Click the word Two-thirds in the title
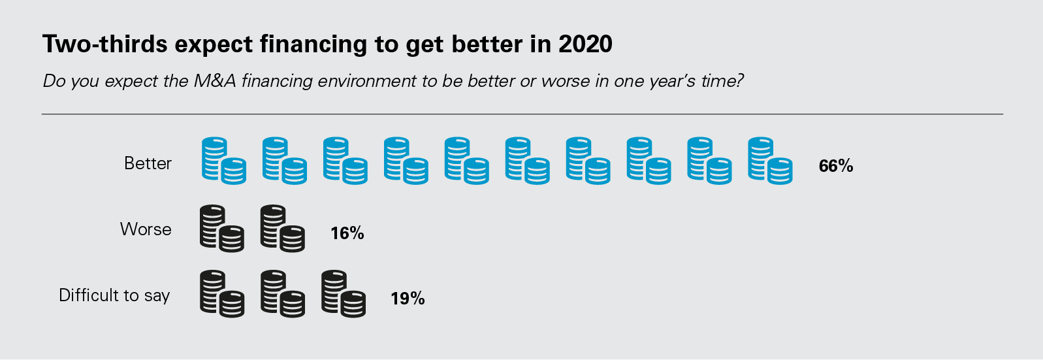pos(104,44)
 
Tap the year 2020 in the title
pos(585,44)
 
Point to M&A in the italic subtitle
pos(215,81)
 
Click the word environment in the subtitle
pos(367,82)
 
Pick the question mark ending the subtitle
pos(739,81)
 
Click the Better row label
pos(148,163)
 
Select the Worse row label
pos(146,229)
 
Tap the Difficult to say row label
pos(114,295)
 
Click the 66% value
pos(836,166)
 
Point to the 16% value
pos(347,233)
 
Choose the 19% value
pos(408,299)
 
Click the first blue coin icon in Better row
pos(224,161)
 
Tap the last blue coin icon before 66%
pos(770,161)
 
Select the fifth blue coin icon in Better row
pos(466,161)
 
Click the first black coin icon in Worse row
pos(222,229)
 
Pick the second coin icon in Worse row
pos(283,229)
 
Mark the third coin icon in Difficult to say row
pos(344,294)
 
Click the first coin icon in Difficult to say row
pos(222,294)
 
